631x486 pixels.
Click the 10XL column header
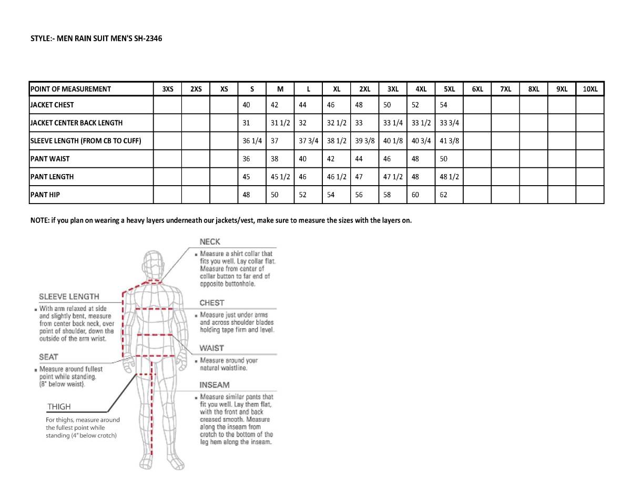pos(590,89)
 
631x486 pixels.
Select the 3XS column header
pos(167,89)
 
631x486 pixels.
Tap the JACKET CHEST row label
pos(52,105)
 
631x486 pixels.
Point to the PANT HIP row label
pos(45,195)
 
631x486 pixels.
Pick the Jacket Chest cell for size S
pos(246,105)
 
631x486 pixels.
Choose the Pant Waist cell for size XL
pos(331,158)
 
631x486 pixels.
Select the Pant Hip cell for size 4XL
pos(415,195)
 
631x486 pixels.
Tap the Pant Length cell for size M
pos(280,177)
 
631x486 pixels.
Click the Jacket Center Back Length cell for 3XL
pos(393,123)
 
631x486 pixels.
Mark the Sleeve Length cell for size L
pos(309,140)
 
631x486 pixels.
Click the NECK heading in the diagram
pos(210,242)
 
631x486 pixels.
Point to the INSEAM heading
pos(215,384)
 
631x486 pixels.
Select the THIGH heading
pos(59,407)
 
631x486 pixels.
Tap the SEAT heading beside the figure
pos(48,357)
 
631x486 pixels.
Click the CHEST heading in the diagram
pos(212,303)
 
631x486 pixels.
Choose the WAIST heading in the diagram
pos(211,348)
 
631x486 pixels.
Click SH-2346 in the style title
pos(139,38)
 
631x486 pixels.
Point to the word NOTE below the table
pos(39,220)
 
